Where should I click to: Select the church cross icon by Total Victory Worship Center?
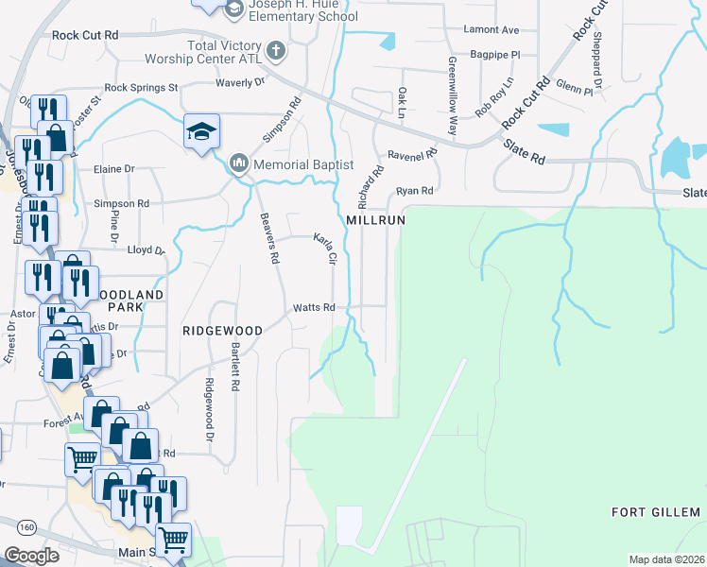pos(275,50)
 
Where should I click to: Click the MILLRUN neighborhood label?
pos(375,219)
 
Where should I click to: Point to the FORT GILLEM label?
pos(656,512)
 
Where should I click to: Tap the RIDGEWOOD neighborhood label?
pos(221,331)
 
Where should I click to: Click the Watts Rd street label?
pos(314,307)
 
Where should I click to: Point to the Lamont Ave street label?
pos(491,30)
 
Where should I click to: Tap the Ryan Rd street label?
pos(414,191)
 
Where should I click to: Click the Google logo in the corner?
pos(31,556)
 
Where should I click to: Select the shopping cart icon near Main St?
pos(173,540)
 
